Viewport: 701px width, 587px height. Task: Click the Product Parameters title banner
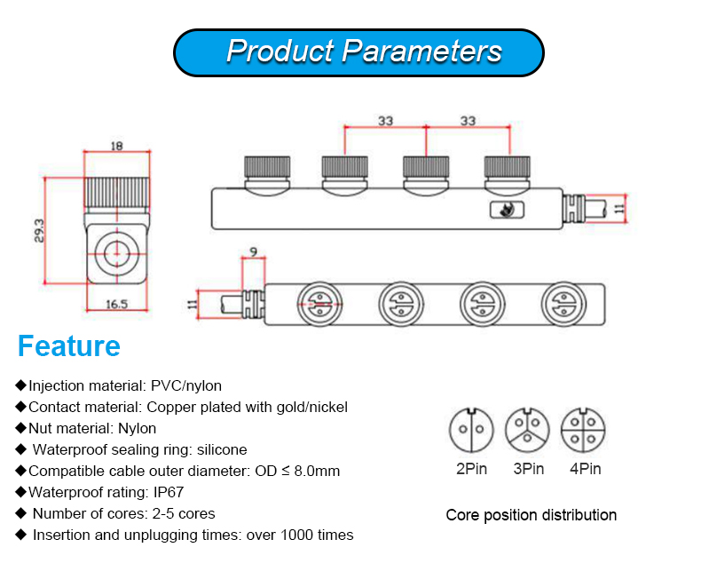(358, 52)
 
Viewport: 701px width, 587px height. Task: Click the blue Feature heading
(69, 345)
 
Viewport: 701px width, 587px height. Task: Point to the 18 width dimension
(116, 146)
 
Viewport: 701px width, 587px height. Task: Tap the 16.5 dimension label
(117, 304)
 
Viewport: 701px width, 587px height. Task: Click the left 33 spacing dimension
(385, 121)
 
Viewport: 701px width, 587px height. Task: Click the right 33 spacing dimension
(468, 121)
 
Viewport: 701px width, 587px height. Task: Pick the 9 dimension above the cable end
(254, 252)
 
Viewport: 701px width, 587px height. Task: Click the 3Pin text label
(527, 469)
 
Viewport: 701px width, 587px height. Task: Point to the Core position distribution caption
(531, 515)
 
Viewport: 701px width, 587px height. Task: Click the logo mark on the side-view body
(507, 209)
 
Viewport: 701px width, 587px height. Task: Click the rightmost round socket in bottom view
(565, 305)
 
